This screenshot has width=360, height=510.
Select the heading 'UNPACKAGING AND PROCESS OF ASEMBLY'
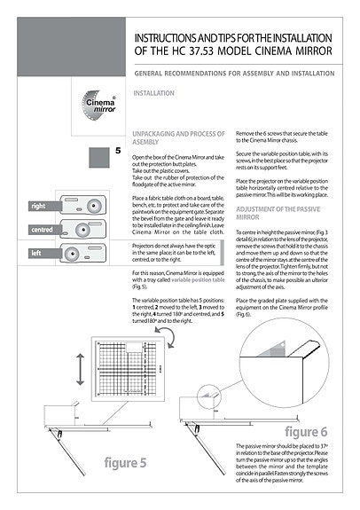tap(171, 136)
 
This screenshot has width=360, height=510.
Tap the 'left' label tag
tap(36, 254)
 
